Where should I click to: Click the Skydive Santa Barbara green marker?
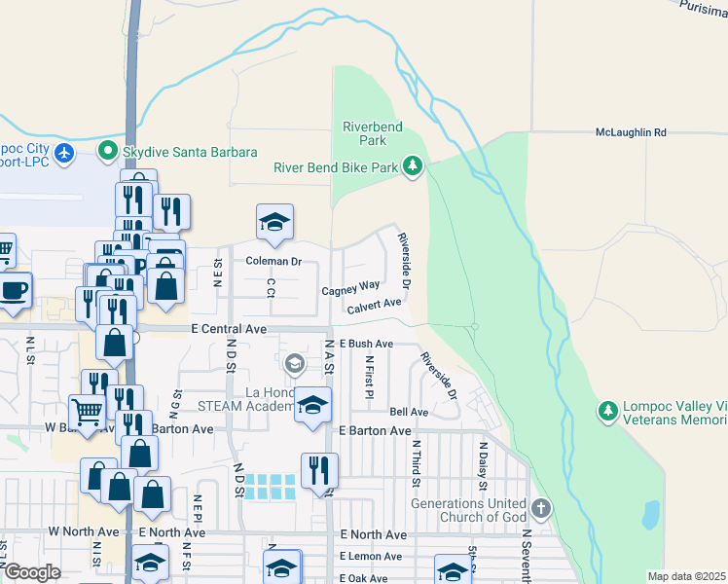107,152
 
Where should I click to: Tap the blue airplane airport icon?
65,152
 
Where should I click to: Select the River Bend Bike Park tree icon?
414,167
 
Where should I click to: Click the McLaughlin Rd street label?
631,132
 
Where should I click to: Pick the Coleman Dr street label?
273,261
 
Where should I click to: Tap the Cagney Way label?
350,287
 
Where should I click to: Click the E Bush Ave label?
365,344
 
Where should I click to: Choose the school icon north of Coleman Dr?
274,222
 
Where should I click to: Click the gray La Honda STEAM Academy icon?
295,364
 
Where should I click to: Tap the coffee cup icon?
14,291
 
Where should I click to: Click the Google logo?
32,572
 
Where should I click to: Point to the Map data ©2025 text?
685,576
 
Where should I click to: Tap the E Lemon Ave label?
370,556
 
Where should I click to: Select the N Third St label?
416,462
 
